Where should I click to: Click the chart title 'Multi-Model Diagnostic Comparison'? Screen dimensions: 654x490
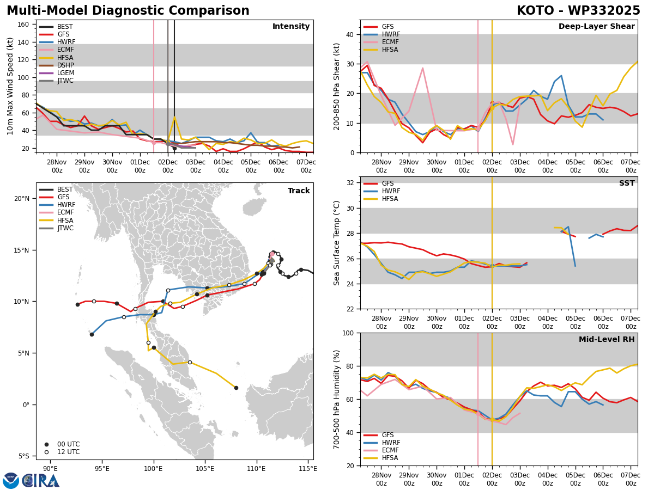coord(128,10)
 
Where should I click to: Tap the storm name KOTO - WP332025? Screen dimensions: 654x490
coord(578,10)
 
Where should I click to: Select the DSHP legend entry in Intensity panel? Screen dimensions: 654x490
coord(57,65)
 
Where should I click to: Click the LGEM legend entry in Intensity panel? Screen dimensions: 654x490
coord(57,73)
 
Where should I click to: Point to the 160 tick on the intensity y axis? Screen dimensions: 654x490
coord(23,24)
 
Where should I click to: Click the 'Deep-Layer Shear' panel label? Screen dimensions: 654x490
coord(596,26)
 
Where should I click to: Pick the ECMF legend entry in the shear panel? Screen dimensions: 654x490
coord(381,42)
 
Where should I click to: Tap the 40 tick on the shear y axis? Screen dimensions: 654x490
coord(350,34)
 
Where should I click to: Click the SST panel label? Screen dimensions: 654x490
coord(627,183)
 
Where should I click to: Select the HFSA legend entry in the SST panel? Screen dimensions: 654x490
coord(381,199)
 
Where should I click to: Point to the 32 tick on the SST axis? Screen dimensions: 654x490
coord(350,183)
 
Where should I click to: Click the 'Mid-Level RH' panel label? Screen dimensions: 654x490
coord(607,339)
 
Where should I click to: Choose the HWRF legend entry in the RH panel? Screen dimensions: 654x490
coord(381,443)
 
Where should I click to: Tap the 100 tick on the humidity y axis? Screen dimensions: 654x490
coord(348,333)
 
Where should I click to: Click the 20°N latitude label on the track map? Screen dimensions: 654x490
coord(22,198)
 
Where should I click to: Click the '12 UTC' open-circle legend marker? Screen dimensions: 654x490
coord(46,452)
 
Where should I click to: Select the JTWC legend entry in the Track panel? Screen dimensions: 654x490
coord(56,228)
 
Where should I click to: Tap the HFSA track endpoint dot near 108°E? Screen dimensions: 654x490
coord(237,388)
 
